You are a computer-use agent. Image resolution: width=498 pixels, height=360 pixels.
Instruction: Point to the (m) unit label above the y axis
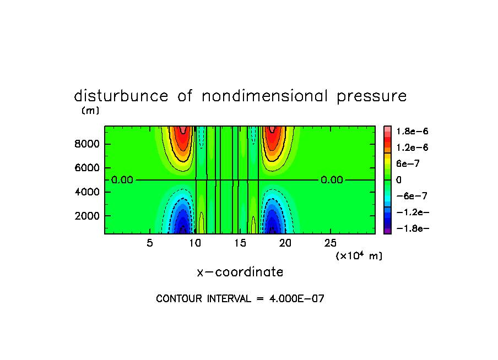click(x=90, y=111)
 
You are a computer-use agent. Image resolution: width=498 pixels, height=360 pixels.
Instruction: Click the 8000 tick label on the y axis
click(x=87, y=144)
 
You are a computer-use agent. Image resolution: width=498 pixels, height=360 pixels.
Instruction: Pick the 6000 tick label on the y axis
click(x=87, y=168)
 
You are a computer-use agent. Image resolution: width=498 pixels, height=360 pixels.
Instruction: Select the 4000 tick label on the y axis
click(x=87, y=192)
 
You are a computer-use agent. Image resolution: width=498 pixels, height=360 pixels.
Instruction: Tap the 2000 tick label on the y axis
click(x=87, y=216)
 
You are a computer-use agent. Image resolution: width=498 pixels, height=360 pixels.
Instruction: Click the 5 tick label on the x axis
click(x=150, y=243)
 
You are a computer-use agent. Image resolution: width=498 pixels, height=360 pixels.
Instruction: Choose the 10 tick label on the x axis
click(x=194, y=243)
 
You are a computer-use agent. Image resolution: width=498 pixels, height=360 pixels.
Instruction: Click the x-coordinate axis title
click(x=240, y=272)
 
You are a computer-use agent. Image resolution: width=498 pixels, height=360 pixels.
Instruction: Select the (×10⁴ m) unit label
click(x=359, y=256)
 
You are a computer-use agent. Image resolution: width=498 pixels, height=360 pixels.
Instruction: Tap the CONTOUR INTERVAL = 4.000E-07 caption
click(x=240, y=299)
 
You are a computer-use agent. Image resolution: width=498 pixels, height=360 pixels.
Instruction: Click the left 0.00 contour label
click(x=122, y=180)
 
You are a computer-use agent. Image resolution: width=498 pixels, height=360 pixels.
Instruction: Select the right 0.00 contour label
click(x=332, y=180)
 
